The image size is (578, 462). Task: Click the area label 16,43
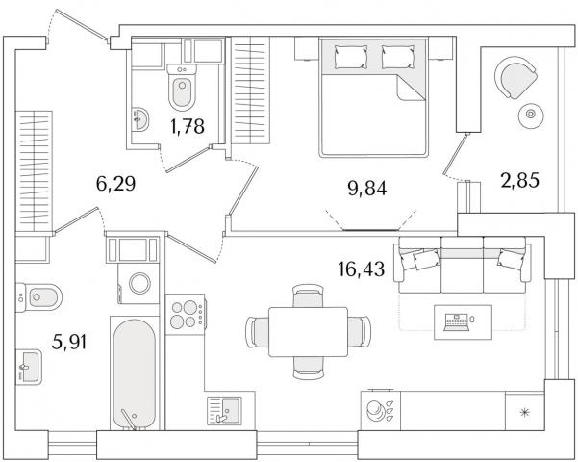pos(361,269)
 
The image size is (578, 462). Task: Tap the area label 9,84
pos(366,189)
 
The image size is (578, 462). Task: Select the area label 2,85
pos(519,181)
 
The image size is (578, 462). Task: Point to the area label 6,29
pos(115,184)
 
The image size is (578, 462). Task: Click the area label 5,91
pos(69,342)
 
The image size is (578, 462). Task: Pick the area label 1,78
pos(188,126)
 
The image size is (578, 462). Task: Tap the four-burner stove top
pos(186,314)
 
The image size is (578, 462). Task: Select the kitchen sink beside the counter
pos(224,410)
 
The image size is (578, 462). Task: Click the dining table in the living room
pos(308,332)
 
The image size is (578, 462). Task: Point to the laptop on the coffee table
pos(456,321)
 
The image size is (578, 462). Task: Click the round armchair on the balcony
pos(515,77)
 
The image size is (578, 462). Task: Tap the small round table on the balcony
pos(531,114)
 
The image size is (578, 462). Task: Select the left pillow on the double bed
pos(351,57)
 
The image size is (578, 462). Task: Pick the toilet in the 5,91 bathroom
pos(38,297)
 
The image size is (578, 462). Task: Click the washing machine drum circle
pos(139,283)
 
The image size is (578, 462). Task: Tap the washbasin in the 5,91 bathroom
pos(29,367)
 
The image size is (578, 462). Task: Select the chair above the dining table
pos(308,295)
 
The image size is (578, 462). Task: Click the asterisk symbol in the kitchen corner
pos(524,412)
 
